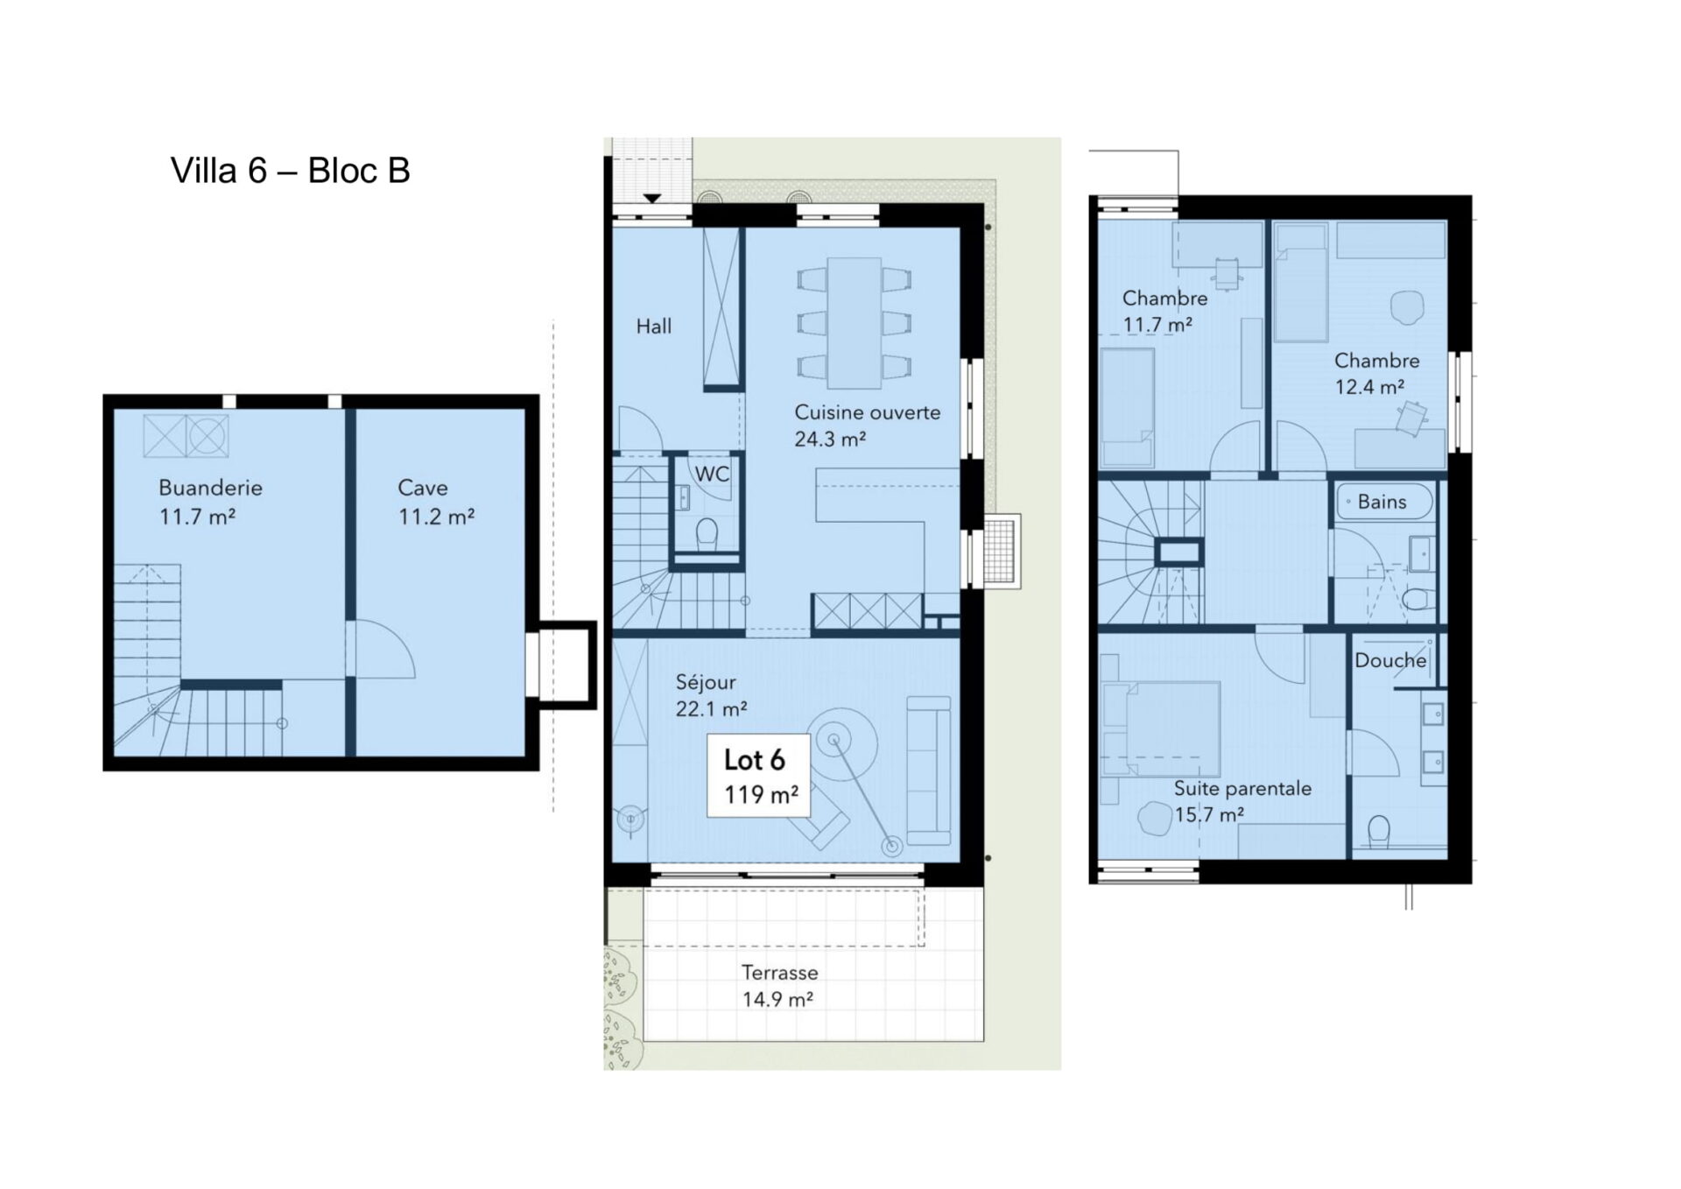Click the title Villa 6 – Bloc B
click(290, 171)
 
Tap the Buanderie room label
click(210, 488)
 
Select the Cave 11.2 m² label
click(436, 502)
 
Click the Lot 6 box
click(758, 776)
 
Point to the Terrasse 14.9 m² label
click(778, 986)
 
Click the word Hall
click(654, 327)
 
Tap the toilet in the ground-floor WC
click(707, 535)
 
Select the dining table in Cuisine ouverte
click(855, 322)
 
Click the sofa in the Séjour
click(929, 770)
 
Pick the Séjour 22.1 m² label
click(711, 695)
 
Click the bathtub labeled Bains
click(1384, 503)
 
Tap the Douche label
click(1390, 660)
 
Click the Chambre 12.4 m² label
click(1376, 374)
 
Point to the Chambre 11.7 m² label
click(1164, 311)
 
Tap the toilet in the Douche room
click(1378, 833)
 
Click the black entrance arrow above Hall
click(652, 199)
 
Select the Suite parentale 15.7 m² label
click(1242, 801)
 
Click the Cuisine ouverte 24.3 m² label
click(867, 426)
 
